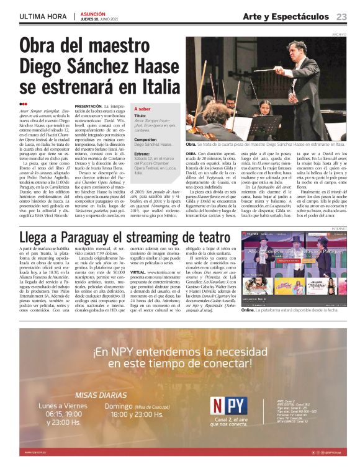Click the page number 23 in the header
coord(342,16)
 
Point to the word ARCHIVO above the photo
coord(338,35)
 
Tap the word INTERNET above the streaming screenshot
coord(338,228)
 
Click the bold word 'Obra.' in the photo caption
coord(192,143)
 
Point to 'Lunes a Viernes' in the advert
coord(64,406)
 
